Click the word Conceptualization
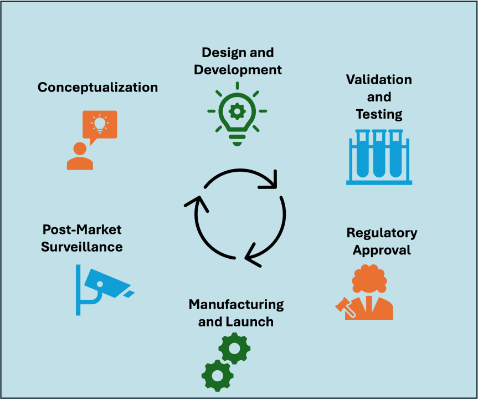click(97, 88)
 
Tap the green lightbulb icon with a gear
click(237, 113)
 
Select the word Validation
click(379, 79)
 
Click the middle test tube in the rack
click(379, 154)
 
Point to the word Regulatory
click(382, 232)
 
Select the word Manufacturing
click(236, 304)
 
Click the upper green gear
click(234, 349)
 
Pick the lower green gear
click(217, 375)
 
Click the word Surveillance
click(82, 247)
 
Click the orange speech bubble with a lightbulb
click(100, 125)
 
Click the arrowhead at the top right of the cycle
click(269, 182)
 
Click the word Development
click(238, 70)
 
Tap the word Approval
click(382, 250)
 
